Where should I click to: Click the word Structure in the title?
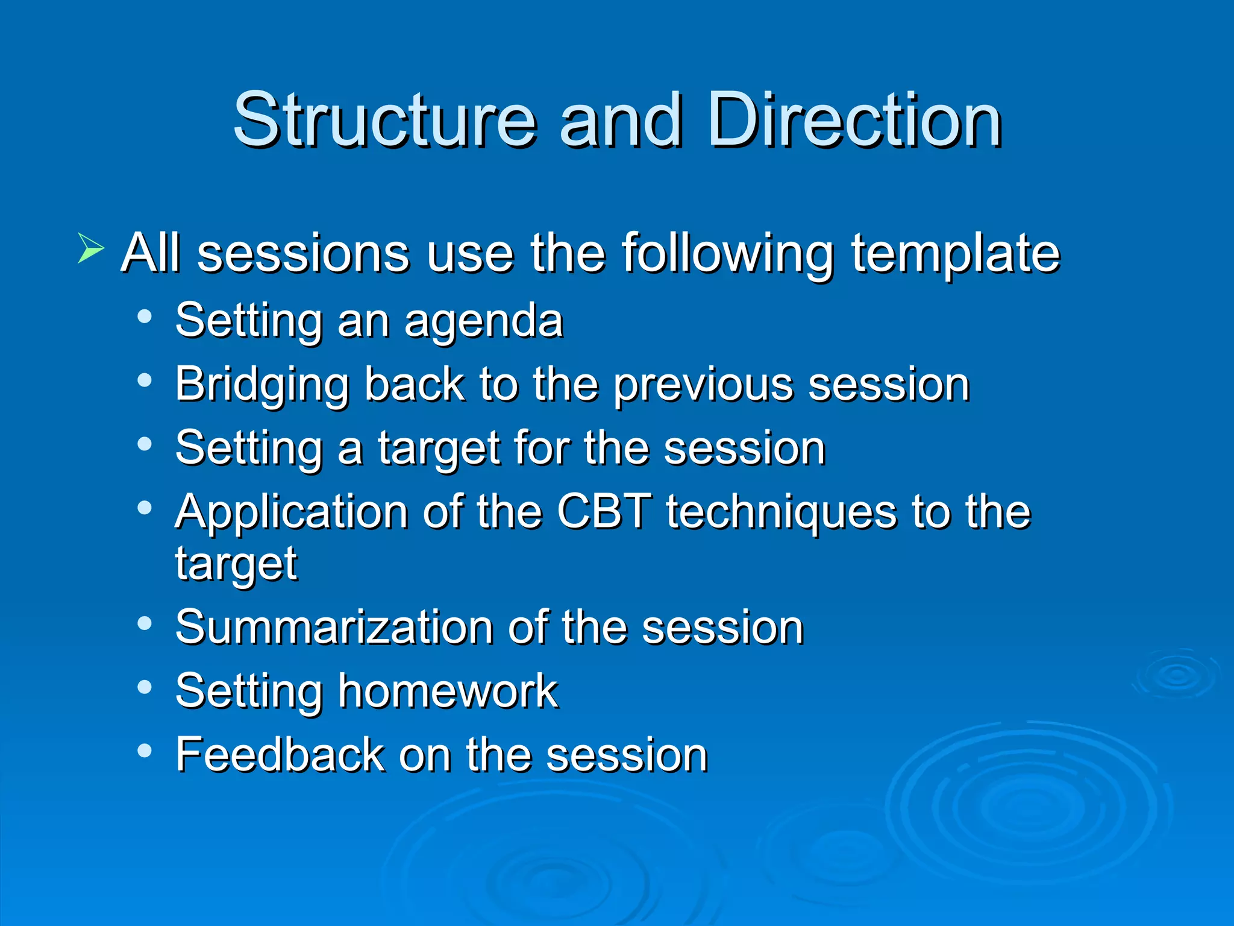click(384, 121)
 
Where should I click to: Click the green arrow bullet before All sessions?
click(90, 248)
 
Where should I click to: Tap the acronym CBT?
click(604, 512)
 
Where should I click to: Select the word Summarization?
click(333, 628)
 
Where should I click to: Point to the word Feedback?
click(280, 755)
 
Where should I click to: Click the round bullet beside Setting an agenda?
click(144, 317)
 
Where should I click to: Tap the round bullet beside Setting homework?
click(144, 687)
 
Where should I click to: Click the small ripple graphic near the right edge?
click(1177, 675)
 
